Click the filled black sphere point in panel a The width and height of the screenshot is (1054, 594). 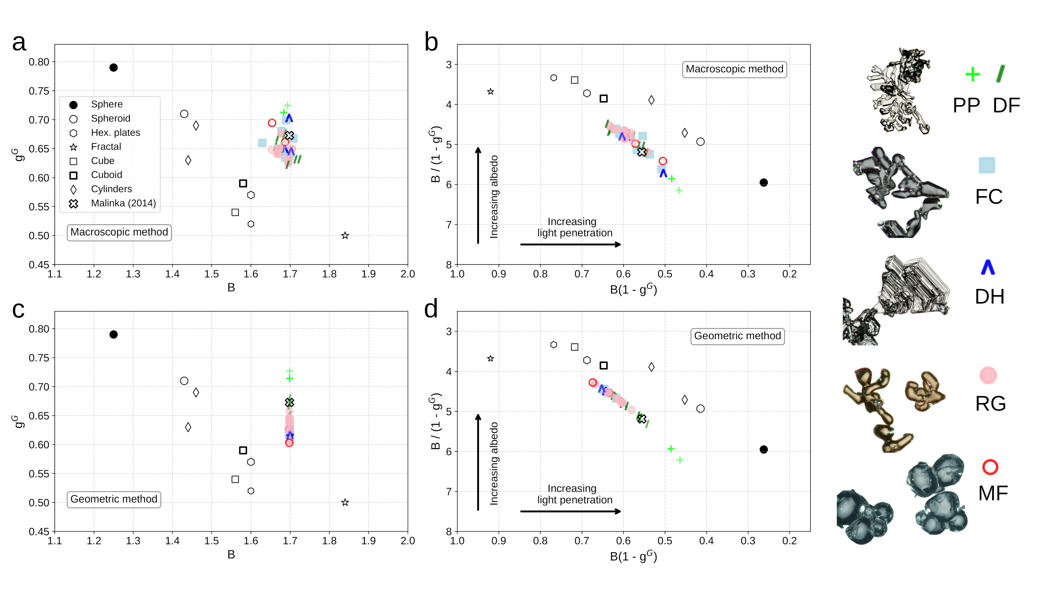(x=114, y=68)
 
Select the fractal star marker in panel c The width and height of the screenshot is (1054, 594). (x=345, y=502)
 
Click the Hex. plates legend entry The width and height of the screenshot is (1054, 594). (x=115, y=133)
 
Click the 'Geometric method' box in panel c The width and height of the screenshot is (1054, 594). (x=114, y=499)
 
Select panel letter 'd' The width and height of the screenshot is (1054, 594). (x=431, y=309)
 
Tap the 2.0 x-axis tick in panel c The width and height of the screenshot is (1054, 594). (x=408, y=541)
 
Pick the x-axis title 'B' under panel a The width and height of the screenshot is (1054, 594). (x=231, y=288)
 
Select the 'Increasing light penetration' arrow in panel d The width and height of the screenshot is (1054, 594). (x=571, y=511)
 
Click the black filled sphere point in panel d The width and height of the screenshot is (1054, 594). (x=764, y=450)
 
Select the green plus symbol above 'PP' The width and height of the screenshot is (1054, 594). (x=973, y=74)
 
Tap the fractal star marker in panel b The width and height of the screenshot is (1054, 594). (x=491, y=92)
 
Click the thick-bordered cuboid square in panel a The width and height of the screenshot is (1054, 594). (x=243, y=183)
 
